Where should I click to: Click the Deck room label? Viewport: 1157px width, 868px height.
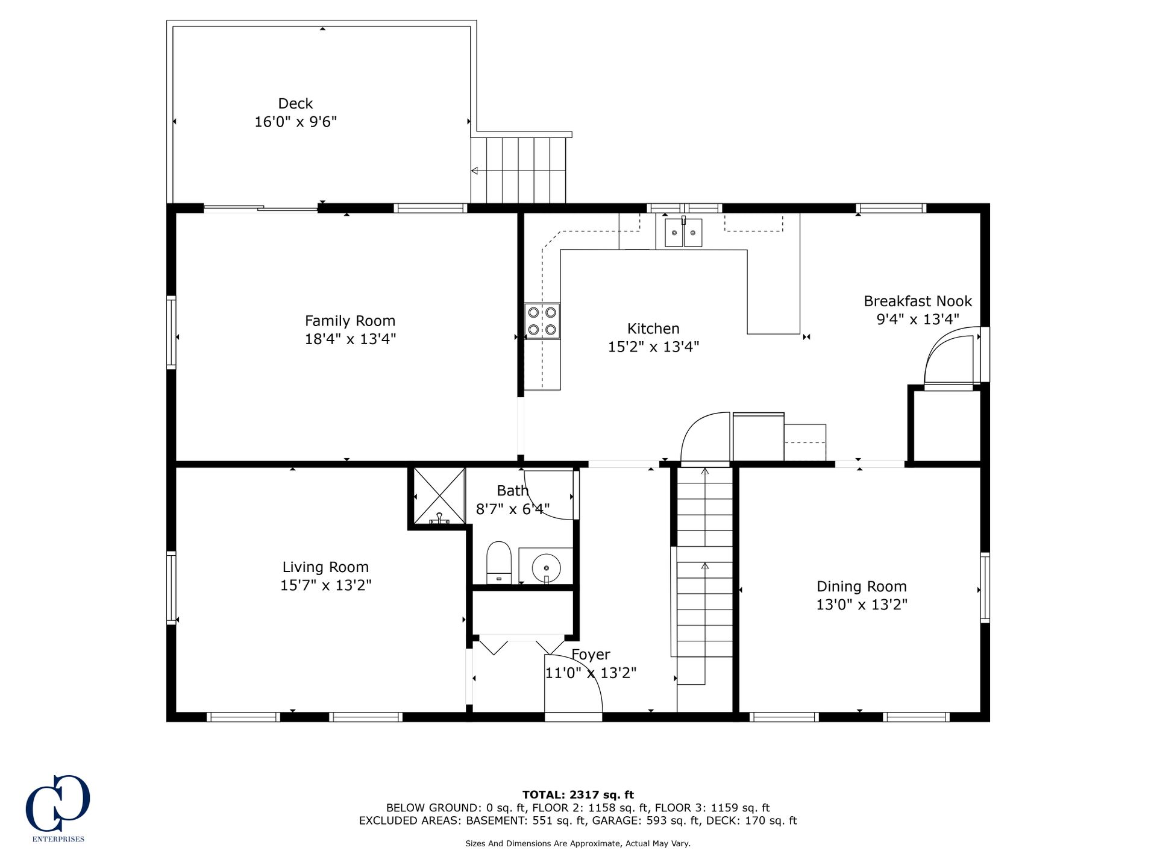click(x=295, y=104)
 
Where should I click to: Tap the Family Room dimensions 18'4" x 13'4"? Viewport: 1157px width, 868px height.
click(x=350, y=339)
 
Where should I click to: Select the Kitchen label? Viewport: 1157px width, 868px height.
click(x=653, y=329)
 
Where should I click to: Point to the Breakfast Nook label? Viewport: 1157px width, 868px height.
click(x=918, y=301)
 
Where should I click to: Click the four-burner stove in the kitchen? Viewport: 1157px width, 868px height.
click(x=542, y=321)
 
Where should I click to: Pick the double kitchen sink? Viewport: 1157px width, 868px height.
click(x=683, y=232)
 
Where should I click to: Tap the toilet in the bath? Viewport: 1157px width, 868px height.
click(x=498, y=562)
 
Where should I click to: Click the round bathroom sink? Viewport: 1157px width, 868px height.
click(x=546, y=568)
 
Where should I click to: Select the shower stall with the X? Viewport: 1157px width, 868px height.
click(x=439, y=495)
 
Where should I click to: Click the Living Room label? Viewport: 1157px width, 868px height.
click(x=325, y=567)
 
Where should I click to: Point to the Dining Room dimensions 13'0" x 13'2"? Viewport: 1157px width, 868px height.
click(x=862, y=605)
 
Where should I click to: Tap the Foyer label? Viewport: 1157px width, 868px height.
click(x=591, y=655)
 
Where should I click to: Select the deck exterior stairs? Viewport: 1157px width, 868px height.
click(x=518, y=170)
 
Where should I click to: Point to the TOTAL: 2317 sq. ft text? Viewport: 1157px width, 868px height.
click(x=578, y=795)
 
